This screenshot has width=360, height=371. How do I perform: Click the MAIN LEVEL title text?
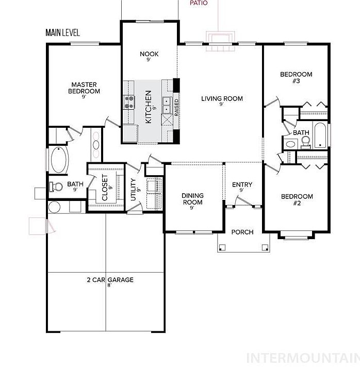point(62,32)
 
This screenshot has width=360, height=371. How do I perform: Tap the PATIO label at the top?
point(199,3)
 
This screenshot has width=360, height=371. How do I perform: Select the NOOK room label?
point(149,54)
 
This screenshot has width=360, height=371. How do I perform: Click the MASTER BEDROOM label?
point(84,88)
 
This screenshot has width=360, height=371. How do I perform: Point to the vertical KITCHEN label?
point(148,107)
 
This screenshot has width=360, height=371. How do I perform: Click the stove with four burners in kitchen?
point(129,102)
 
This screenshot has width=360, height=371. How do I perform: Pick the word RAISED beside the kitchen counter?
point(176,107)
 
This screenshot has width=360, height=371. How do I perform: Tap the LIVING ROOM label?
point(222,98)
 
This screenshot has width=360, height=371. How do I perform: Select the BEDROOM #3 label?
point(296,78)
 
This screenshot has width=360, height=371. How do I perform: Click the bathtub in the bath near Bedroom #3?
point(320,136)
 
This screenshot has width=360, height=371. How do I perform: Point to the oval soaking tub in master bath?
point(59,160)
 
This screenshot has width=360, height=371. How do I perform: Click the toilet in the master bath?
point(56,187)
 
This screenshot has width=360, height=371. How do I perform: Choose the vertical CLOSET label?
point(105,188)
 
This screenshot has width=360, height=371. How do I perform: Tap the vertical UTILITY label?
point(133,190)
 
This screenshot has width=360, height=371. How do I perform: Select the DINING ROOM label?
point(192,199)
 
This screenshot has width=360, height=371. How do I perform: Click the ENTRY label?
point(242,184)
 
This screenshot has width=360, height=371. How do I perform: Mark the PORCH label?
point(242,232)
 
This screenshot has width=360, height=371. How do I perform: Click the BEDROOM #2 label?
point(297,200)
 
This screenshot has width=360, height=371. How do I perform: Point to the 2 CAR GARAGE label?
point(110,280)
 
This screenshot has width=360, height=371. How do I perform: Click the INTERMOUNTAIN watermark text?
point(303,358)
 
